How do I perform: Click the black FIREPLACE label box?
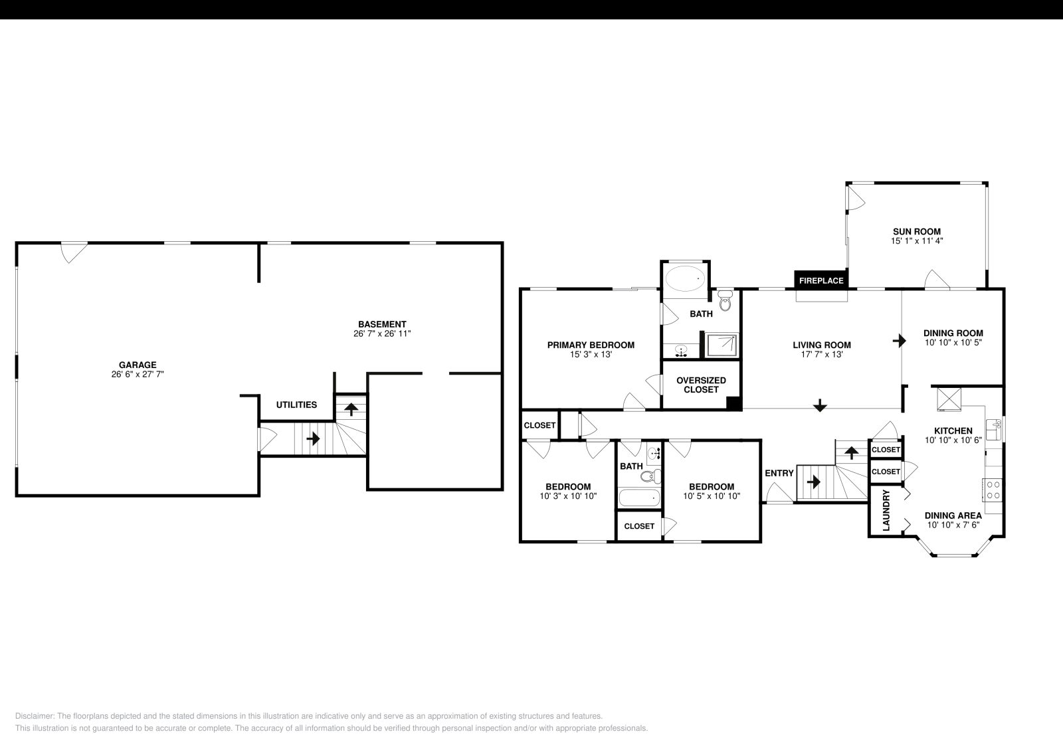click(x=821, y=280)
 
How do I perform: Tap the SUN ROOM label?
click(x=917, y=232)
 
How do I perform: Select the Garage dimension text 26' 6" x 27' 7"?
click(x=138, y=375)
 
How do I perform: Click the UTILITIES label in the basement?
click(x=296, y=405)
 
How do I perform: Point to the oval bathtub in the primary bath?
click(x=685, y=278)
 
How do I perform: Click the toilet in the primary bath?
click(x=725, y=302)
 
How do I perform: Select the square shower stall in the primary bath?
click(x=722, y=345)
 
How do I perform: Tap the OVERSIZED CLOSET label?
click(x=701, y=385)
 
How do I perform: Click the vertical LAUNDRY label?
click(x=886, y=510)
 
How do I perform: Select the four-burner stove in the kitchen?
click(x=993, y=490)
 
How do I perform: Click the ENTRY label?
click(x=779, y=473)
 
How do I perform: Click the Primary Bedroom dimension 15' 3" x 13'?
click(x=591, y=355)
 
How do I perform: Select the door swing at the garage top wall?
click(x=74, y=252)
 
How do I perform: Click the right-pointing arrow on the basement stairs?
click(x=313, y=439)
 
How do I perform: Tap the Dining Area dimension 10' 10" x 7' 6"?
click(x=953, y=525)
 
